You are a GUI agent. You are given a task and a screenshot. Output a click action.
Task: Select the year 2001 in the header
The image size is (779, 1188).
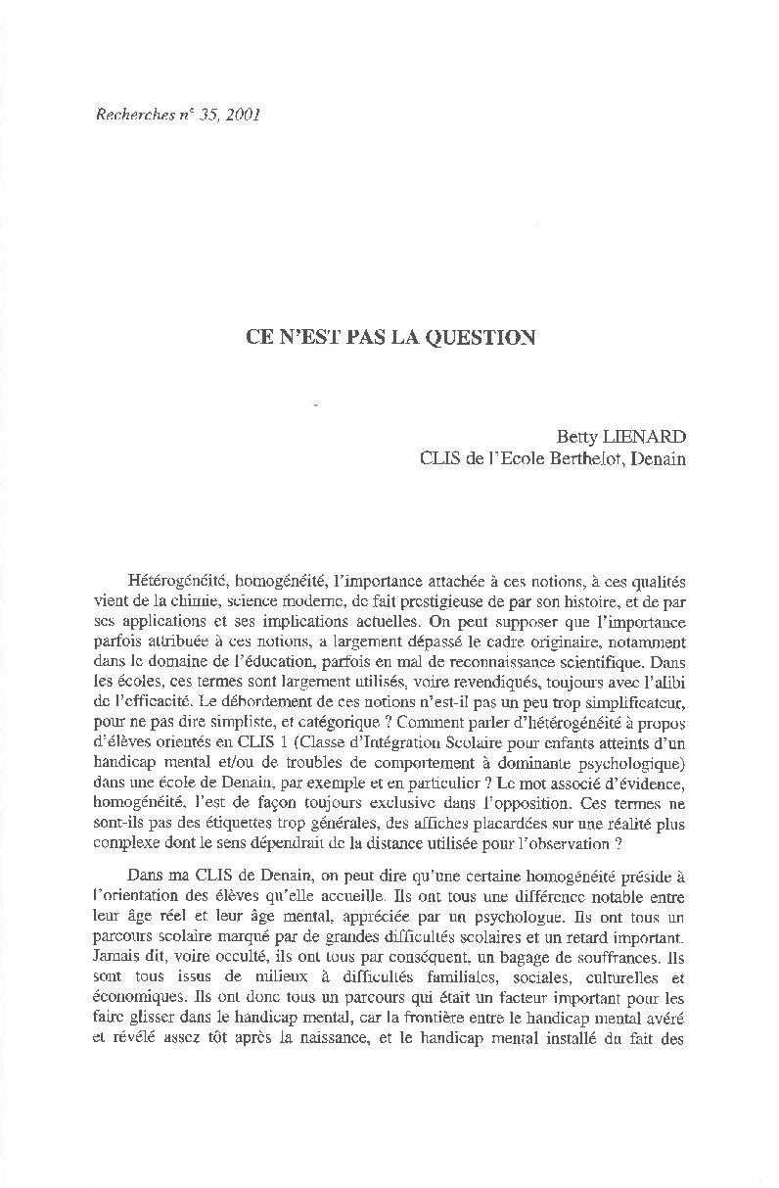pos(242,115)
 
